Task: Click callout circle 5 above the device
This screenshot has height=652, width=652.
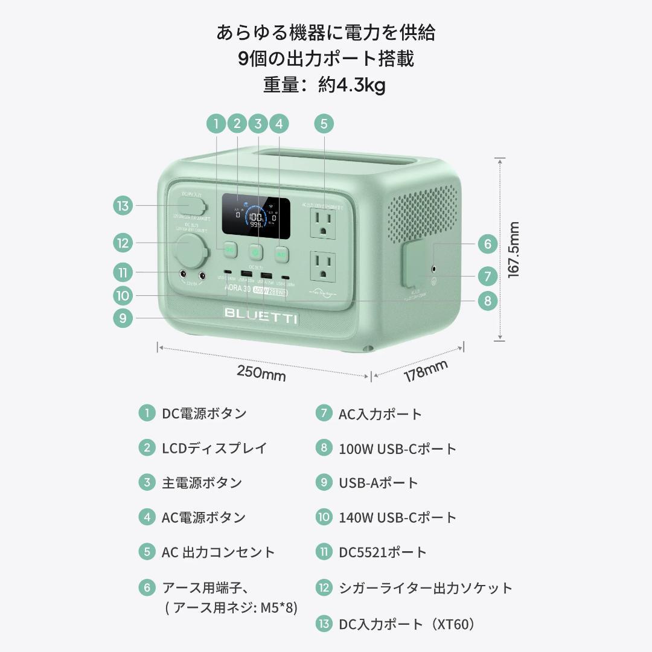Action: (x=324, y=124)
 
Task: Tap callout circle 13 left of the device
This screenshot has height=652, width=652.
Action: (x=123, y=206)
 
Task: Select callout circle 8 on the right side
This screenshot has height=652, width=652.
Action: (x=487, y=300)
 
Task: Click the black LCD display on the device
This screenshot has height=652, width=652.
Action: (x=255, y=214)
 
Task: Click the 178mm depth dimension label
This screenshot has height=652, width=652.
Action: (x=426, y=370)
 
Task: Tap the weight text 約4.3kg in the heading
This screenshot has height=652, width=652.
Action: (x=352, y=85)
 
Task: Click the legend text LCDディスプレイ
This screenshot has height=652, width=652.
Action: (x=214, y=448)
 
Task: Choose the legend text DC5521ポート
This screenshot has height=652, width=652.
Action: (x=383, y=552)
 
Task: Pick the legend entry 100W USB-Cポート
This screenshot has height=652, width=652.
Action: (x=397, y=448)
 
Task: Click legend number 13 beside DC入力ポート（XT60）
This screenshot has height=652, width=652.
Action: (x=324, y=624)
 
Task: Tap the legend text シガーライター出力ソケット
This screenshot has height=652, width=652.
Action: (x=426, y=587)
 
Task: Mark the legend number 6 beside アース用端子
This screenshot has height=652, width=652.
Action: (x=147, y=587)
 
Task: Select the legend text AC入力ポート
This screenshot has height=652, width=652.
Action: (x=380, y=414)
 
